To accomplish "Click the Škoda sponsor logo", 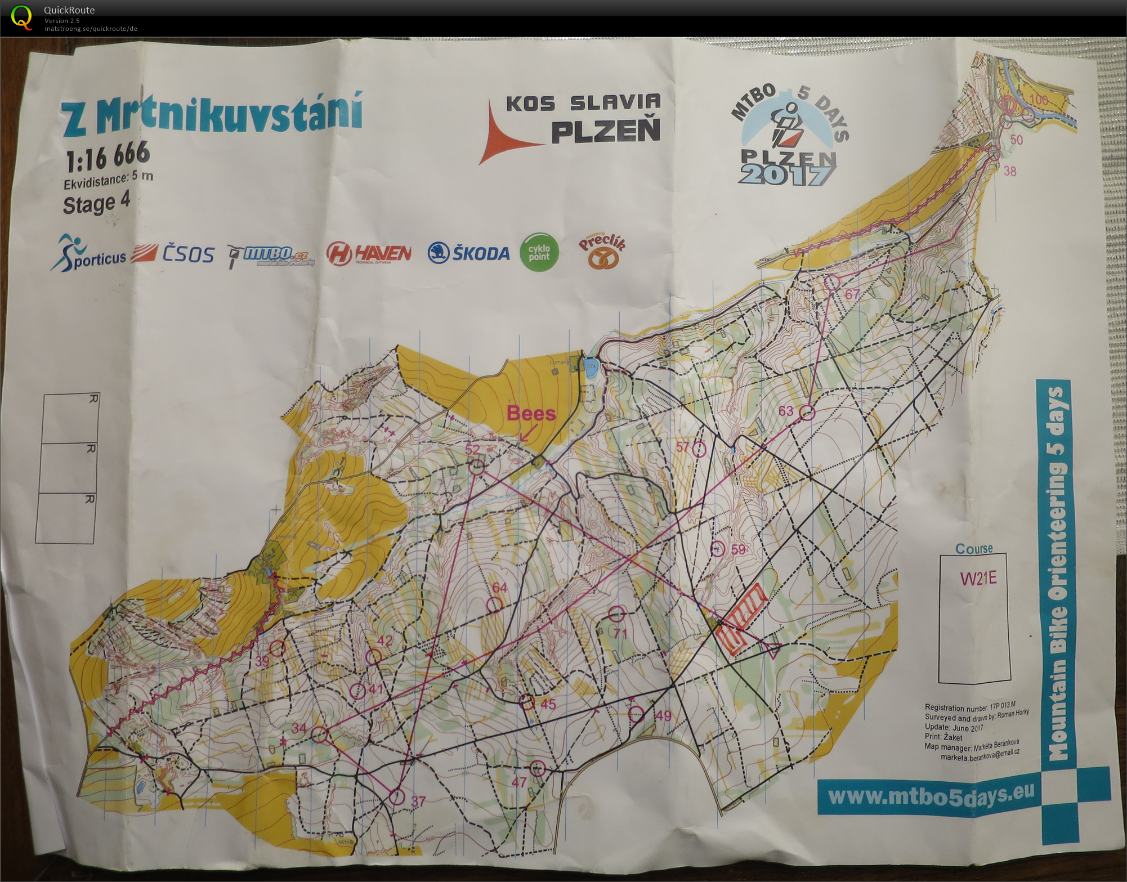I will [x=469, y=253].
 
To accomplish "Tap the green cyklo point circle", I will [x=539, y=253].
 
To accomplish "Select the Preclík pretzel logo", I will [x=602, y=251].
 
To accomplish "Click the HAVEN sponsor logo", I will [x=369, y=254].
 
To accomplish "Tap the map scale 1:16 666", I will [x=108, y=156].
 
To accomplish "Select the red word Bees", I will [x=531, y=413].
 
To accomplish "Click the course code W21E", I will [x=978, y=578].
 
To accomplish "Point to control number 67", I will [x=852, y=294].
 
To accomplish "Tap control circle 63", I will [x=808, y=413].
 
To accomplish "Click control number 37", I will [x=418, y=801].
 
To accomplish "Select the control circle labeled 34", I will [x=319, y=735].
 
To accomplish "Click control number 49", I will [x=664, y=715].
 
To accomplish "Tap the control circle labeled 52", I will [x=477, y=467].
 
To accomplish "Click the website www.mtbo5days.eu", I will [x=931, y=795].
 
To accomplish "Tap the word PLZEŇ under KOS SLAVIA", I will [x=605, y=131].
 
